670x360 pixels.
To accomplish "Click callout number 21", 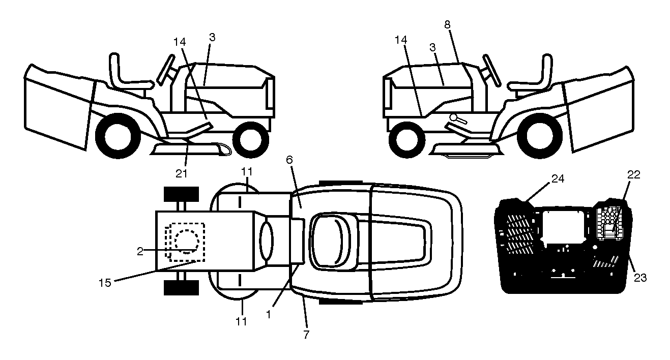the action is coord(181,173).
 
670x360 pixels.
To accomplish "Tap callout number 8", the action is coord(447,24).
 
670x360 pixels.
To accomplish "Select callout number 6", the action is coord(289,160).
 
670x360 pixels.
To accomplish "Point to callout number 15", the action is coord(105,283).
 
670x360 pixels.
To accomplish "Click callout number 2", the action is coord(140,252).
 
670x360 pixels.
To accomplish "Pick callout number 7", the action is coord(306,335).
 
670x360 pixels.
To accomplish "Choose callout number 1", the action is coord(268,314).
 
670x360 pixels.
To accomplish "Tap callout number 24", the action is coord(558,178).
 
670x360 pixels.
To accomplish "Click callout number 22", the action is coord(633,174).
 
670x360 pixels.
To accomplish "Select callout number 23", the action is coord(640,278).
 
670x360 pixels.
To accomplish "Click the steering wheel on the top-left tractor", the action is coord(166,70).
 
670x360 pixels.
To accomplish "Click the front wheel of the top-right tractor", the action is coord(407,140).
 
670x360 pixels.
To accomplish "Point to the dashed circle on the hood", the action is coord(187,242).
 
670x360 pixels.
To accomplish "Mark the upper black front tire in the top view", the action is coord(181,194).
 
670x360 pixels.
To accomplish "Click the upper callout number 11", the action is coord(247,172).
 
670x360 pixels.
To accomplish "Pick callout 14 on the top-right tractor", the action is coord(401,40).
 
